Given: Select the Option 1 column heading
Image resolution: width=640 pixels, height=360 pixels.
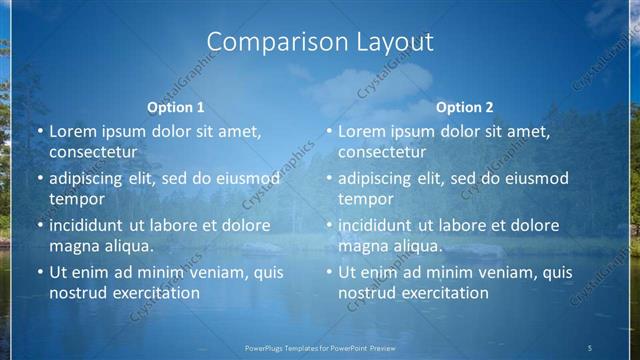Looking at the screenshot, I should [176, 107].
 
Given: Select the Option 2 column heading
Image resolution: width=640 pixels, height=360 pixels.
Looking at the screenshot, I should [465, 107].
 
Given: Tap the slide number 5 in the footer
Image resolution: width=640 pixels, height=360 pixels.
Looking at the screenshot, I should [590, 348].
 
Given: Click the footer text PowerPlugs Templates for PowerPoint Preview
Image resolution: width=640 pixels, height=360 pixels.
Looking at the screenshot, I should [319, 348].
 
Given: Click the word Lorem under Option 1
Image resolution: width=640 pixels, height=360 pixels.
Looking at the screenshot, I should [72, 131].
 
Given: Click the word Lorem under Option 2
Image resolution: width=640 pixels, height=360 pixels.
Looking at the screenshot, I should [361, 131].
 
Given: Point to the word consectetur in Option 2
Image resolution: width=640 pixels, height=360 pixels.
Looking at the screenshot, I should [381, 152].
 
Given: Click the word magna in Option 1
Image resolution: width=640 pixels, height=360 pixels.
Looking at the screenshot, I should [73, 246].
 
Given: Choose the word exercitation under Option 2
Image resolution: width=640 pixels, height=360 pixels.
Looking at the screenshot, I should [440, 293].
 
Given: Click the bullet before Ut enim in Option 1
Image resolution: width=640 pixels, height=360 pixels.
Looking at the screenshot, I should [39, 272].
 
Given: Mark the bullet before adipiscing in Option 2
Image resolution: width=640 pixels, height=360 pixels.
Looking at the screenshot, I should [328, 179].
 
